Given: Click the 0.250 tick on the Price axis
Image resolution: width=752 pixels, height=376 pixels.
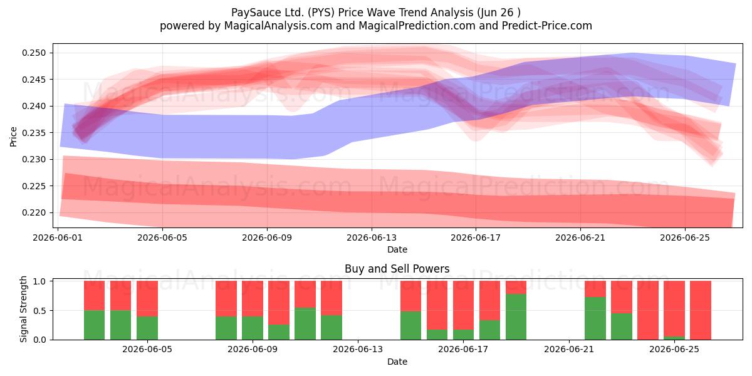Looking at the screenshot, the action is pyautogui.click(x=34, y=53).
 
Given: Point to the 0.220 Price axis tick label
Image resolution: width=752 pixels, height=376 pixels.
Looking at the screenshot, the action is pyautogui.click(x=34, y=213).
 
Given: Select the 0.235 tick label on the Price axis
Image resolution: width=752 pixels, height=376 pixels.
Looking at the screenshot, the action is pyautogui.click(x=34, y=133).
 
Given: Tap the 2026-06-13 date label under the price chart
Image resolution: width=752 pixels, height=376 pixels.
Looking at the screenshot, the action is pyautogui.click(x=371, y=238).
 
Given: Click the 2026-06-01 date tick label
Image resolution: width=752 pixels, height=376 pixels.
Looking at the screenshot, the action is pyautogui.click(x=58, y=238).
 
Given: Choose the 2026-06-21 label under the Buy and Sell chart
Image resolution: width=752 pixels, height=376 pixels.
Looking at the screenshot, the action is pyautogui.click(x=569, y=350).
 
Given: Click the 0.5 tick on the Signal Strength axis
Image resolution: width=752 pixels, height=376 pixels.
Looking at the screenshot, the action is pyautogui.click(x=39, y=311).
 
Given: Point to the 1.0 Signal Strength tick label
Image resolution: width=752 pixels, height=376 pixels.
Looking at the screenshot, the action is pyautogui.click(x=39, y=281).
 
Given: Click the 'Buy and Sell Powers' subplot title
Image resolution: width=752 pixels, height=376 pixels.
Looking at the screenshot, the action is pyautogui.click(x=397, y=269).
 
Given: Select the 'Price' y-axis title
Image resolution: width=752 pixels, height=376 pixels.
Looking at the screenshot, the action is pyautogui.click(x=13, y=137).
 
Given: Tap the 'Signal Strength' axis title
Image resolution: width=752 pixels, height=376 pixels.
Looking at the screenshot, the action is pyautogui.click(x=23, y=309).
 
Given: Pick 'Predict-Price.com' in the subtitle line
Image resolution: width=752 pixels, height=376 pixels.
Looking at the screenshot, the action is pyautogui.click(x=547, y=26).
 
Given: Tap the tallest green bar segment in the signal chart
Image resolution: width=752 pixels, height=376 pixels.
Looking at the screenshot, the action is pyautogui.click(x=516, y=317).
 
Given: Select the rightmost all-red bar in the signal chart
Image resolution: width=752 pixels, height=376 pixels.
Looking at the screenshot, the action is pyautogui.click(x=701, y=310).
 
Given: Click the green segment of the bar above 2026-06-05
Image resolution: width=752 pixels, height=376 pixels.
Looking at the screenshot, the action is pyautogui.click(x=147, y=328).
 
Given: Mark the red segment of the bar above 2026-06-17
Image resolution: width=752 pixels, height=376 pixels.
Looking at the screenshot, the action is pyautogui.click(x=463, y=305).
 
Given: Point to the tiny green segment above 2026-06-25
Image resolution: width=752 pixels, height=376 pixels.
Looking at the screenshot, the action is pyautogui.click(x=674, y=338).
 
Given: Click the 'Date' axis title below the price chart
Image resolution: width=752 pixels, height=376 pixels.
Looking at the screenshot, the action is pyautogui.click(x=397, y=250).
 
